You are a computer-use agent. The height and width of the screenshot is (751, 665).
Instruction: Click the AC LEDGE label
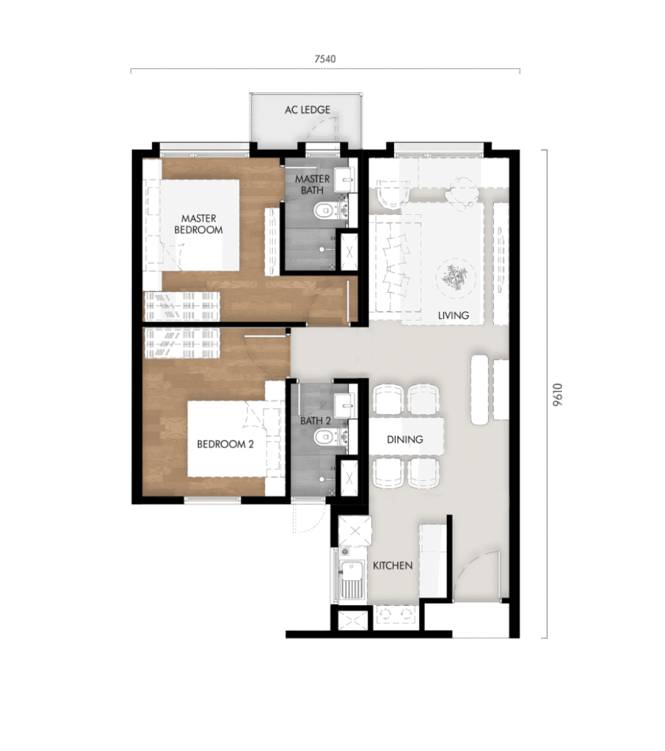(308, 110)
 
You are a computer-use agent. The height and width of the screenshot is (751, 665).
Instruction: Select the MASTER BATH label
(308, 185)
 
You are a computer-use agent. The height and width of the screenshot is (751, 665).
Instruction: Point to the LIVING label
(453, 316)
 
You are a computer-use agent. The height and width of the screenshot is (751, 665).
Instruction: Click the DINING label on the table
(405, 439)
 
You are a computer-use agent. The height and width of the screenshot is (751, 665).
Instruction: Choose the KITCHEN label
(393, 565)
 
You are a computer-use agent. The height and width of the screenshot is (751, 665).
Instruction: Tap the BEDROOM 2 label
(225, 444)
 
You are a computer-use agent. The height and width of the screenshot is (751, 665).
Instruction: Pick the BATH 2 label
(316, 421)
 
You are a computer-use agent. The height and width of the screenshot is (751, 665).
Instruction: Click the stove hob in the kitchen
(395, 616)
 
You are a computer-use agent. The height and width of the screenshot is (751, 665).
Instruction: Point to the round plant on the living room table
(453, 278)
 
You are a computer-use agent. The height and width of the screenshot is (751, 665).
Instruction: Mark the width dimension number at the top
(325, 59)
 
